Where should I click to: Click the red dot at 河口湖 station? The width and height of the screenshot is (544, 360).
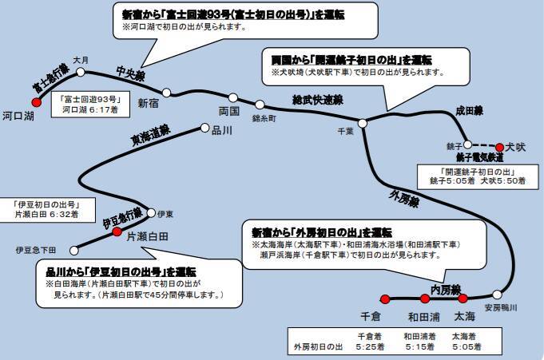tap(35, 101)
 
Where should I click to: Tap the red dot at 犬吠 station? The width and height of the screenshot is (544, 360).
tap(500, 147)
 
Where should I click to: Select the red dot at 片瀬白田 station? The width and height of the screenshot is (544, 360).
tap(117, 225)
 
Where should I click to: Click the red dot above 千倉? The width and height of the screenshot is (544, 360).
tap(384, 299)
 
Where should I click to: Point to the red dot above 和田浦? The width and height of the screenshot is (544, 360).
tap(423, 299)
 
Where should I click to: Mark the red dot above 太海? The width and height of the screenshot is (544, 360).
tap(462, 299)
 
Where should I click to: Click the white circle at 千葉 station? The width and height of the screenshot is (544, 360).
tap(362, 122)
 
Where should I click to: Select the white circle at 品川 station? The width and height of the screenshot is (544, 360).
tap(204, 128)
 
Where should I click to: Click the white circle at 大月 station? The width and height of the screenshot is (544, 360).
tap(81, 71)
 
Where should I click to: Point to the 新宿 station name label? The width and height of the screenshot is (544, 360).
tap(149, 102)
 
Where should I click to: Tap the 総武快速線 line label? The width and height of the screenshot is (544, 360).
tap(316, 100)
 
